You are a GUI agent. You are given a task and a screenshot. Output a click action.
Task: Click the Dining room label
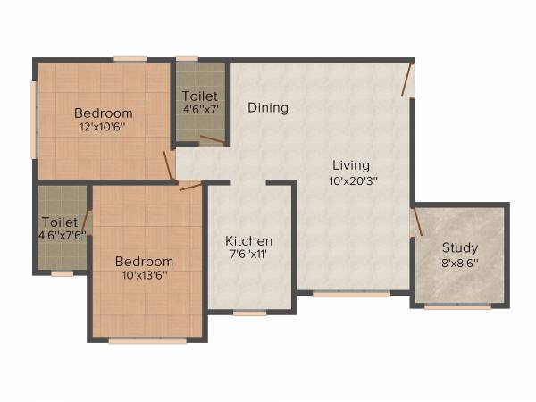pos(268,108)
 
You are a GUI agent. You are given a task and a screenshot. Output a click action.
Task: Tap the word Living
pos(351,165)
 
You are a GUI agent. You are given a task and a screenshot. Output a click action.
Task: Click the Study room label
pos(460,247)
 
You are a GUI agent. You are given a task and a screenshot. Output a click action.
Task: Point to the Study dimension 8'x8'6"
pos(460,263)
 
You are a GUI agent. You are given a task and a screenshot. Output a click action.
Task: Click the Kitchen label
pos(249,241)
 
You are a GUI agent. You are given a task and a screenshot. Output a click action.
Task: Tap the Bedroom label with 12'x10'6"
pos(104,113)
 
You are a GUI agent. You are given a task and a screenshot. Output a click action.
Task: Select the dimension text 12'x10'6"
pos(104,127)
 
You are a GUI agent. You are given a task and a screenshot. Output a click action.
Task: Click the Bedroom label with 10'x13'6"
pos(145,262)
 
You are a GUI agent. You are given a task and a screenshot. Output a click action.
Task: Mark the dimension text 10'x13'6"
pos(145,275)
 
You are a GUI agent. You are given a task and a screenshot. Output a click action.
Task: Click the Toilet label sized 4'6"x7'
pos(200,96)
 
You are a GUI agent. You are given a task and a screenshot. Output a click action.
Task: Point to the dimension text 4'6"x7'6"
pos(61,236)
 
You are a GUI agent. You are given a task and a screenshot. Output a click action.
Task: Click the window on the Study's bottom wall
pos(457,307)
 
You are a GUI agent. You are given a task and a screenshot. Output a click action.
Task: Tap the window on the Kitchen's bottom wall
pos(250,314)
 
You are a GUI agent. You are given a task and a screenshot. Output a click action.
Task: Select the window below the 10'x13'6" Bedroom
pos(147,340)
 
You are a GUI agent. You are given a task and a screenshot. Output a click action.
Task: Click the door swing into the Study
pos(416,222)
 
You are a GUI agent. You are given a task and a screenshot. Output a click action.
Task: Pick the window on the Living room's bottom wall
pos(351,293)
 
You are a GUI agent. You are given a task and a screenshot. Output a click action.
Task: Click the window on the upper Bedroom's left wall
pos(34,120)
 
